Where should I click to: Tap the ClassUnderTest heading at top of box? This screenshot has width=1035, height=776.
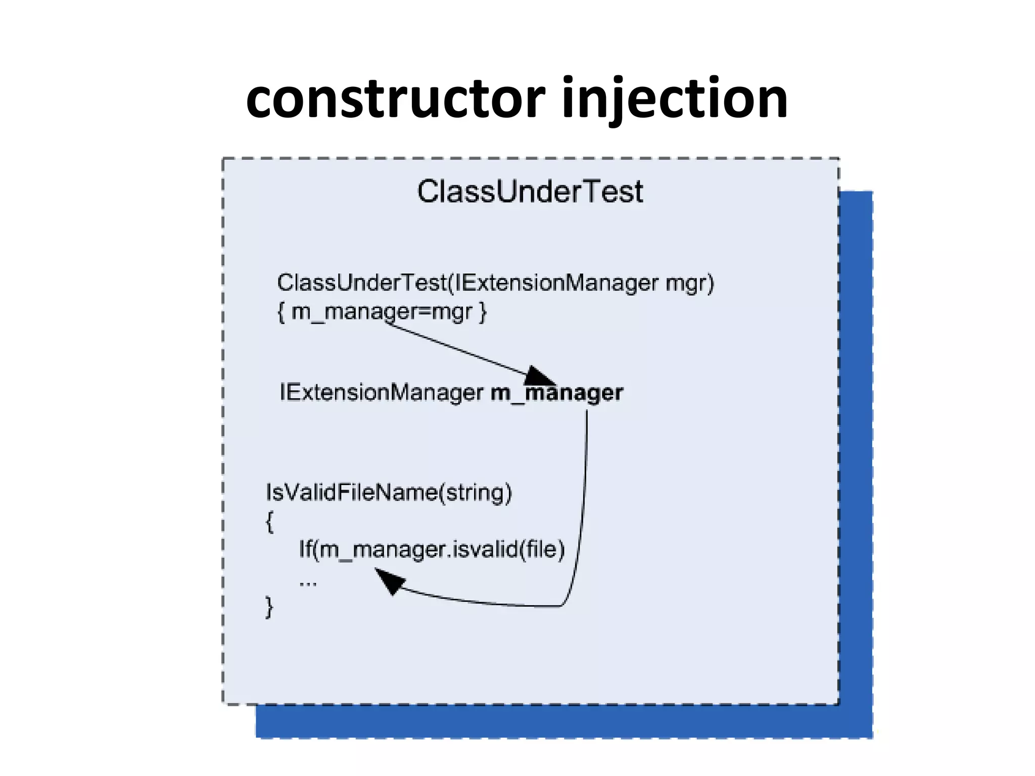tap(530, 191)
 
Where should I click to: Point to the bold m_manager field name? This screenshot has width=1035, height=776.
tap(557, 393)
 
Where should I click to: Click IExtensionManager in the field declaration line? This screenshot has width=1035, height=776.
tap(382, 393)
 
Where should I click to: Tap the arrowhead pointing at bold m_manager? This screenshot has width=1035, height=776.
tap(539, 376)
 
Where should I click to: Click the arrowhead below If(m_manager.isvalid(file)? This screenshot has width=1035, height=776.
tap(388, 581)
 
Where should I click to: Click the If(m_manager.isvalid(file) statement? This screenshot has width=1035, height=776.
tap(432, 549)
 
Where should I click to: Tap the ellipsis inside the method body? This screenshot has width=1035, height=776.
tap(308, 583)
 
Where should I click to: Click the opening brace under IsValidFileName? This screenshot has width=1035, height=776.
tap(270, 521)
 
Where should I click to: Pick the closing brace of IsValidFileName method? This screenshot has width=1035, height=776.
tap(269, 607)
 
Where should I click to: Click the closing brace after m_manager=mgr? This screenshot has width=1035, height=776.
tap(483, 312)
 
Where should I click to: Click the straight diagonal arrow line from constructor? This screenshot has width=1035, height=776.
tap(455, 349)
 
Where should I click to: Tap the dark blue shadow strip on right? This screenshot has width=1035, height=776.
tap(856, 455)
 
